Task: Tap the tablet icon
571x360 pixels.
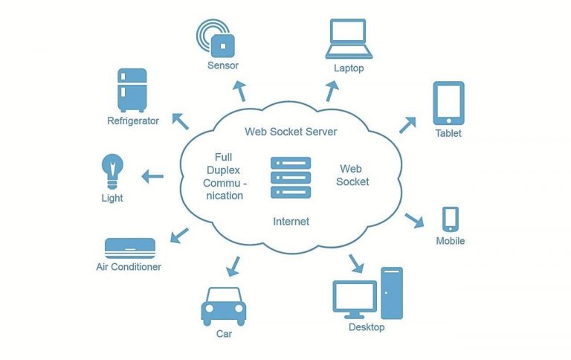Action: click(448, 103)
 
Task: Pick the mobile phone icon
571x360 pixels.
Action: click(450, 219)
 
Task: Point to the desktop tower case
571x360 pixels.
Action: click(391, 292)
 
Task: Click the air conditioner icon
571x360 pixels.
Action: click(130, 247)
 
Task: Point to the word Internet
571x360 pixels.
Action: click(291, 222)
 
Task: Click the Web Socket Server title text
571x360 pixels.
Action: click(291, 132)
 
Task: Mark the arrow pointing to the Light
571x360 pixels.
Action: click(153, 176)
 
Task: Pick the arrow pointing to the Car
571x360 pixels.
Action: click(234, 264)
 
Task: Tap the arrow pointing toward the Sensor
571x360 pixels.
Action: click(239, 91)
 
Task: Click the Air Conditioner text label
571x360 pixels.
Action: click(129, 266)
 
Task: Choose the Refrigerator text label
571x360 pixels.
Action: click(133, 120)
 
